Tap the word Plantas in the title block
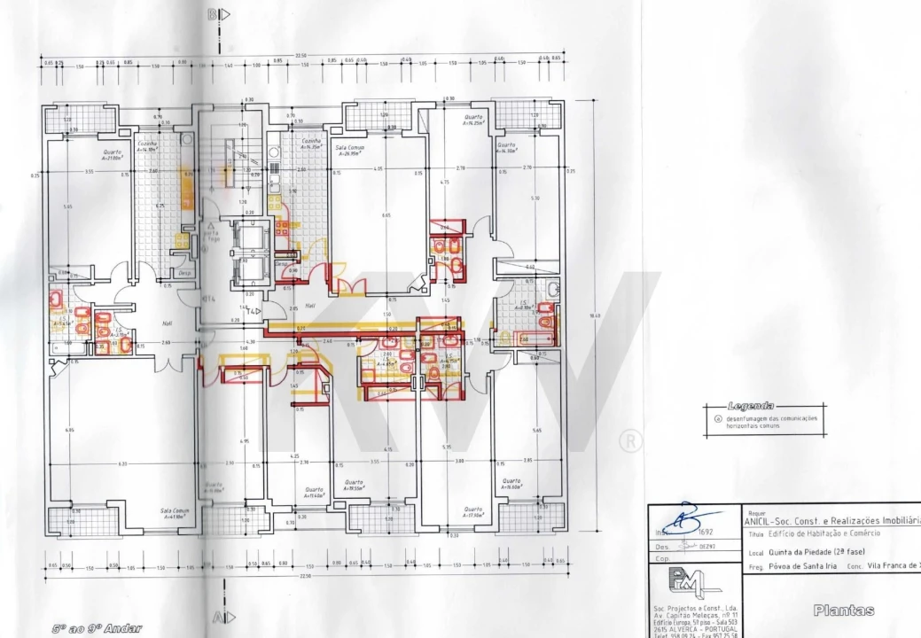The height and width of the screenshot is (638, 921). click(x=843, y=610)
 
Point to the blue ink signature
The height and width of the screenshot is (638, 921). click(x=680, y=515)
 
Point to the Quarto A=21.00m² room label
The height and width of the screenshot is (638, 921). click(x=113, y=154)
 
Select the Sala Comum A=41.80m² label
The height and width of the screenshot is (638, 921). click(x=176, y=513)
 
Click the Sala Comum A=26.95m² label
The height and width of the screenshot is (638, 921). click(x=350, y=149)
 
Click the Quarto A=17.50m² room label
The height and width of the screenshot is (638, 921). click(x=472, y=511)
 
